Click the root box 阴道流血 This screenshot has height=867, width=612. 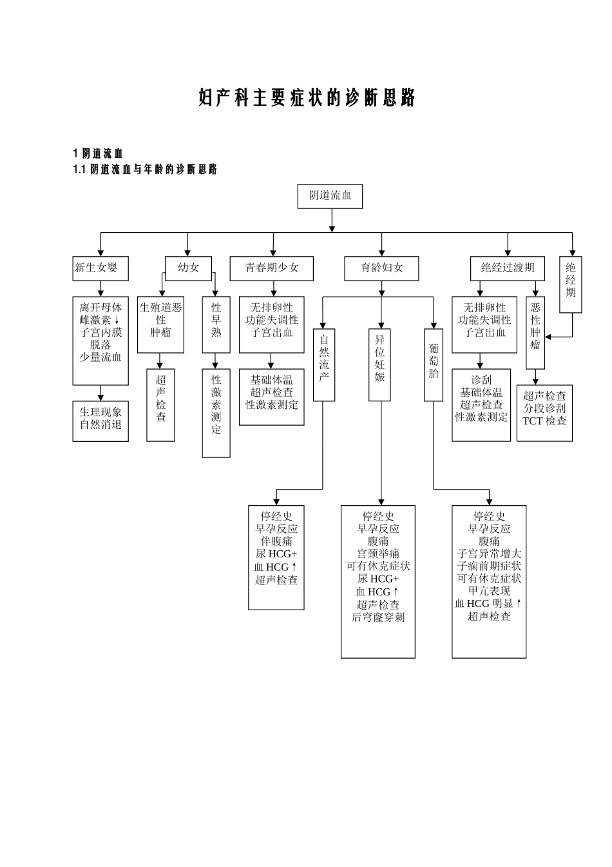(x=330, y=196)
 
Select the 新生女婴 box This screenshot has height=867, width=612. (x=100, y=268)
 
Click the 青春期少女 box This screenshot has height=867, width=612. (x=271, y=268)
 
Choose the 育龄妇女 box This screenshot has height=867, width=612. (x=382, y=268)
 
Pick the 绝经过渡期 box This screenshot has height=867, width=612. (x=507, y=268)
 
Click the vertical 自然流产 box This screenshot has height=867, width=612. (x=324, y=364)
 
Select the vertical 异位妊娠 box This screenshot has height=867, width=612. (x=380, y=364)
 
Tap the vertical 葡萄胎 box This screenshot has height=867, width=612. (x=434, y=364)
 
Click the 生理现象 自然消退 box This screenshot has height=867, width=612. (x=100, y=421)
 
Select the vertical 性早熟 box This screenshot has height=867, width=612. (x=216, y=324)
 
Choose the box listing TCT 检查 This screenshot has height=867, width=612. (x=544, y=413)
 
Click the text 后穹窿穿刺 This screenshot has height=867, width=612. (x=378, y=617)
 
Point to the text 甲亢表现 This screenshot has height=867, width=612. (x=489, y=592)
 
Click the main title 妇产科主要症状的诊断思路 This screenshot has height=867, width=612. (x=307, y=98)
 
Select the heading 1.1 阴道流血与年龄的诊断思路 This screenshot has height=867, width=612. (x=145, y=170)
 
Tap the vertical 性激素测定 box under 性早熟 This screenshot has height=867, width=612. (x=216, y=413)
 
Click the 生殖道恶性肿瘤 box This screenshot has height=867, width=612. (x=160, y=324)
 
